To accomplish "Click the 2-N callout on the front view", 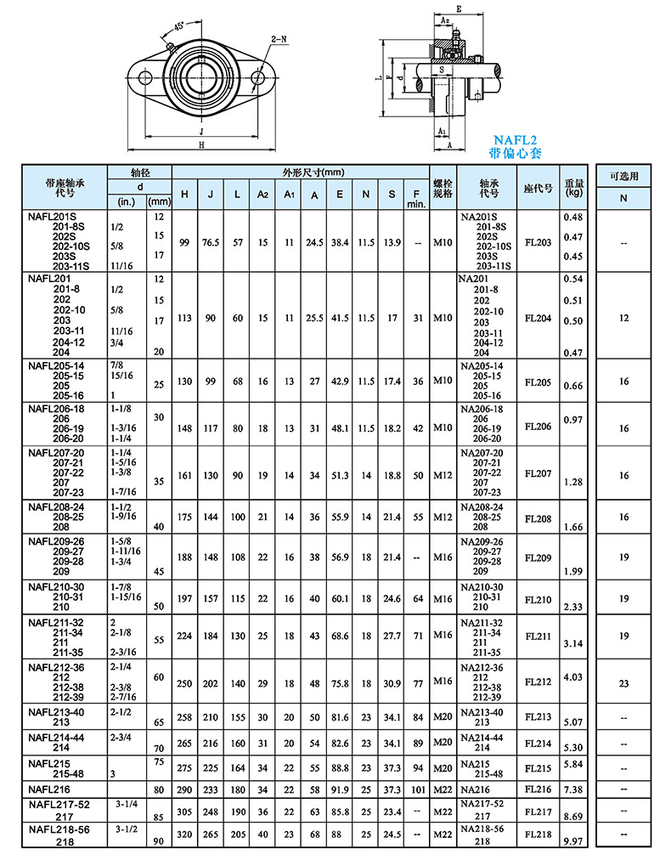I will pos(277,39).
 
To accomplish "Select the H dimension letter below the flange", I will pos(201,145).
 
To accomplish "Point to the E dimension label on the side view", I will pos(459,8).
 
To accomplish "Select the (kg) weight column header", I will pos(575,194).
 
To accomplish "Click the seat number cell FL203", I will pos(538,242).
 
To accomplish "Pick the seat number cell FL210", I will pos(538,599).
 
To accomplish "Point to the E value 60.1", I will pos(340,599).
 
